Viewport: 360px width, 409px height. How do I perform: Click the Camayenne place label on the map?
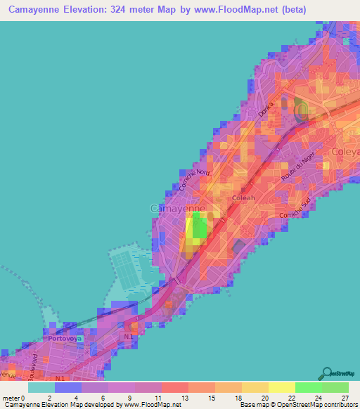[x=177, y=209]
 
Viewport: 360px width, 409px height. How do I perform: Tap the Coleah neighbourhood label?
[x=243, y=199]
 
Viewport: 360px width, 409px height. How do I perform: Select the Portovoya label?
[x=65, y=339]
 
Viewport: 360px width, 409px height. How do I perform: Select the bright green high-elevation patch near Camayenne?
[x=200, y=228]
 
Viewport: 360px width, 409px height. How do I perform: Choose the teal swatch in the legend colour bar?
[x=41, y=387]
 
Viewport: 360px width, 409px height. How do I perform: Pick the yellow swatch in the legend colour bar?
[x=281, y=387]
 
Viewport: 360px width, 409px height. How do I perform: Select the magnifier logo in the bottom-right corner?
[x=328, y=373]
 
